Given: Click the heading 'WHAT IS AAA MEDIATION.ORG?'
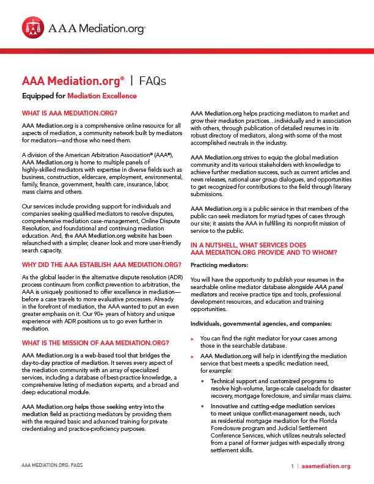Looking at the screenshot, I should click(70, 114).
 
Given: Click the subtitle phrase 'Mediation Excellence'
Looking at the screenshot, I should click(102, 96).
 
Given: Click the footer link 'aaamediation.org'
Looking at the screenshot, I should click(326, 466).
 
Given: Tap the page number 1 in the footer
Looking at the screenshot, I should click(293, 466).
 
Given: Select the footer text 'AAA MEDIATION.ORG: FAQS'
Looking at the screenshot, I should click(52, 466).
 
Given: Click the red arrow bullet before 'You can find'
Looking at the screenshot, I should click(193, 338).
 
